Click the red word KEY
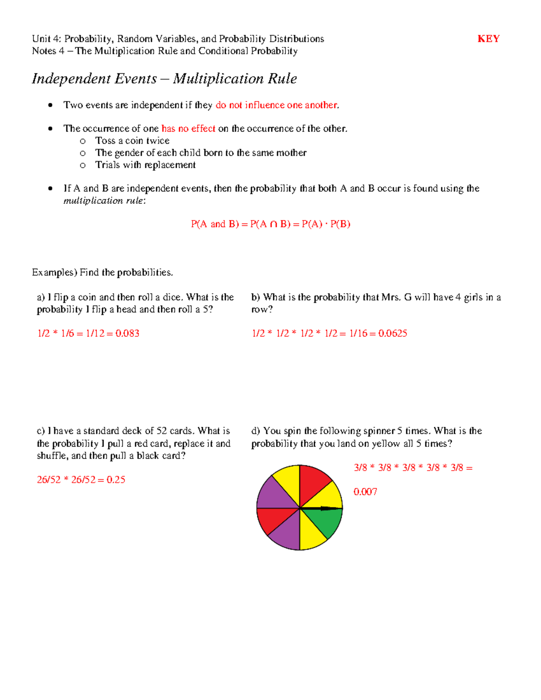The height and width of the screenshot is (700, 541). pos(488,39)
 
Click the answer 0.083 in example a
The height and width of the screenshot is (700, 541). pos(127,334)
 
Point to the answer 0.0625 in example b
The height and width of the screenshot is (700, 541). pos(393,334)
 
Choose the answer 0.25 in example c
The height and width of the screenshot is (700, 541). pos(116,480)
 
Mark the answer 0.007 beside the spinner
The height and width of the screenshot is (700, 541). pos(365,492)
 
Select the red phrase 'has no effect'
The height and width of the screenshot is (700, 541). pos(188,129)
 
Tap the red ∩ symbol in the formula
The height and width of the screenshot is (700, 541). pos(274,224)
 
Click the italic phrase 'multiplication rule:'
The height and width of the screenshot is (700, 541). pos(105,201)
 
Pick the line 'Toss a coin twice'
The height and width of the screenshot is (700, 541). pos(132,141)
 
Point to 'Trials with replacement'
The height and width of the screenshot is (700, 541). pos(145,165)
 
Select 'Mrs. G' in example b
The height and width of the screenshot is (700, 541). pos(396,297)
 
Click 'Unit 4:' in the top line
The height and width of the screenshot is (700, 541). pos(47,39)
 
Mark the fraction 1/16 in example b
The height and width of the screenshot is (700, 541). pos(358,334)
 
